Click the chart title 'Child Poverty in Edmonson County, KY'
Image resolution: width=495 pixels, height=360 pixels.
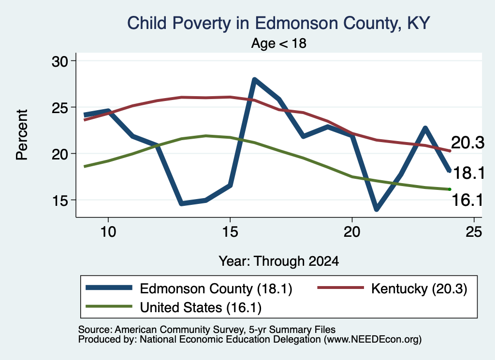(278, 24)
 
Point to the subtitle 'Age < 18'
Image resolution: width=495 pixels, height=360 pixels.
(278, 43)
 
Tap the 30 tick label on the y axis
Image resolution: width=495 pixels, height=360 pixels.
(59, 61)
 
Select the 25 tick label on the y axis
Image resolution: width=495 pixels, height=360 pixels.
(59, 108)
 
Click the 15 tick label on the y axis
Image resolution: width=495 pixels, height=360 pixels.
(59, 201)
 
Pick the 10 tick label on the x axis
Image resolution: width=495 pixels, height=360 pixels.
(108, 232)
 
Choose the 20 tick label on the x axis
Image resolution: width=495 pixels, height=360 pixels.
(352, 232)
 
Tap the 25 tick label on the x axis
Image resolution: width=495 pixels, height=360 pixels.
(474, 232)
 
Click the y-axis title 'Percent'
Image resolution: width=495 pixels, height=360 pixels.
(22, 135)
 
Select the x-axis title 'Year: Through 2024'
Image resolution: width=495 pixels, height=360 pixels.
(279, 261)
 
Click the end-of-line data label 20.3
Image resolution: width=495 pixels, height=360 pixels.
(467, 143)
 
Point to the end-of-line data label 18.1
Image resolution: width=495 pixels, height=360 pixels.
(468, 173)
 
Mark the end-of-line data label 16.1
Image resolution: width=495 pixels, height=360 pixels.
(467, 200)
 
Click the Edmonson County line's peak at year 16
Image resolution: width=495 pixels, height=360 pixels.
(254, 80)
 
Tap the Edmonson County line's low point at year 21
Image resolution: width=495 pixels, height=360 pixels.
(376, 209)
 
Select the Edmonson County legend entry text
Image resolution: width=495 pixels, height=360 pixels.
(216, 288)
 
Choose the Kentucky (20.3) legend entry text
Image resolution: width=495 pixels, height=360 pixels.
(419, 288)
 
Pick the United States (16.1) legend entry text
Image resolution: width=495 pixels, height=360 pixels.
(201, 307)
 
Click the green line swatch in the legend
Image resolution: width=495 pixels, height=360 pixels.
(109, 306)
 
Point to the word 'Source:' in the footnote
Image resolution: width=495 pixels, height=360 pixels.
(95, 330)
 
